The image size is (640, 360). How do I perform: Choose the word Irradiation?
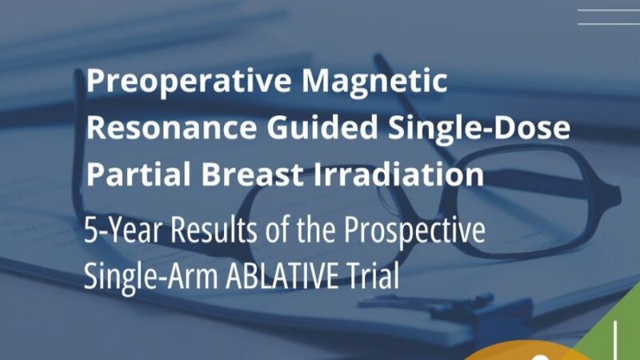pos(393,174)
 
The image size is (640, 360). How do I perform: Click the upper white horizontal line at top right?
pos(607,10)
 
